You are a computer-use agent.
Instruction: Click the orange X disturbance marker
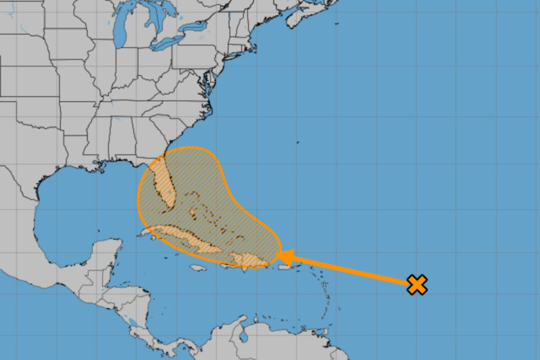coord(417,285)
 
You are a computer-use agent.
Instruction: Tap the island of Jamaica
coord(197,268)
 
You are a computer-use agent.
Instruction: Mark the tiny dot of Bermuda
coord(297,142)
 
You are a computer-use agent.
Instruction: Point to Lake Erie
coord(168,43)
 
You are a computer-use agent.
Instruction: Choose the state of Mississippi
coord(98,140)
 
